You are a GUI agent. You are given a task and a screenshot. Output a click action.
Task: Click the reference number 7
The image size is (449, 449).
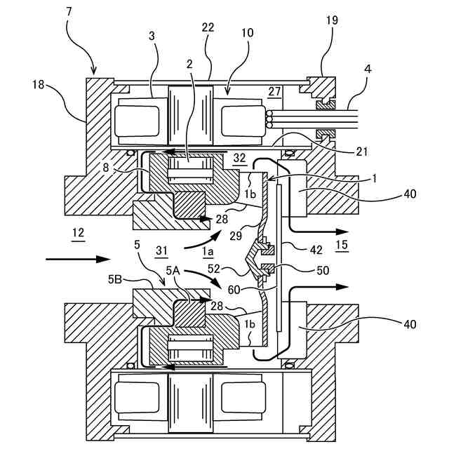click(69, 12)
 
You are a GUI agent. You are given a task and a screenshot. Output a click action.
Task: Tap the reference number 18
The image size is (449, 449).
click(38, 84)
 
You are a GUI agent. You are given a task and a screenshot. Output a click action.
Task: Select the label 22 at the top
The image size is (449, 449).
click(208, 27)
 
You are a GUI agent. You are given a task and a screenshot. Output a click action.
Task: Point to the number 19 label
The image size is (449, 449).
click(332, 20)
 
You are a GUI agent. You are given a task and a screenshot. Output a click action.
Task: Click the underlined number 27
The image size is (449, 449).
click(274, 91)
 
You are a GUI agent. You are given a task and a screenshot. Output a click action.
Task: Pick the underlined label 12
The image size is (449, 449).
click(78, 234)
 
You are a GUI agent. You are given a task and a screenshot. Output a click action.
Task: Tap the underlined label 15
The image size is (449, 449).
click(342, 245)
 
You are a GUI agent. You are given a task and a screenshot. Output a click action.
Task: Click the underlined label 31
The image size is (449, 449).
click(161, 251)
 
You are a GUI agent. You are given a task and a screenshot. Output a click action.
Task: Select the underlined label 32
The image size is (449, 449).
click(240, 159)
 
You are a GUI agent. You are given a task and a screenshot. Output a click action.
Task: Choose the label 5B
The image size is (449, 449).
click(115, 279)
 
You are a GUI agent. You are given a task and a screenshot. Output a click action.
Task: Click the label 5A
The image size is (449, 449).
click(173, 270)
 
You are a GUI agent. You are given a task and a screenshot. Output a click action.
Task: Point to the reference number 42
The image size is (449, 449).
click(316, 250)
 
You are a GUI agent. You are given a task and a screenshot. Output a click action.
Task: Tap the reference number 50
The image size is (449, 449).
click(323, 270)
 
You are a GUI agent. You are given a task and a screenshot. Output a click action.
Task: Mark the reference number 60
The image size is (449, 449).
click(234, 290)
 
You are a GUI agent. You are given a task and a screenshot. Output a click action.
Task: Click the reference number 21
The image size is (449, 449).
click(361, 152)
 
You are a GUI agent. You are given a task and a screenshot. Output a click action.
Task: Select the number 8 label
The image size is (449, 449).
click(106, 168)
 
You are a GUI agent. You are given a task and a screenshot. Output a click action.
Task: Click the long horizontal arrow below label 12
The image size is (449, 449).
click(78, 259)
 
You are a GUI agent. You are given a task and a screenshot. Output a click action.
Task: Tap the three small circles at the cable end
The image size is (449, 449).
click(269, 120)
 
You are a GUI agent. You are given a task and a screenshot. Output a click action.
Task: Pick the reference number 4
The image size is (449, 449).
click(368, 69)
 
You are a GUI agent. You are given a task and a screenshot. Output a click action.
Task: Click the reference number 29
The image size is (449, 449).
click(236, 236)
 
